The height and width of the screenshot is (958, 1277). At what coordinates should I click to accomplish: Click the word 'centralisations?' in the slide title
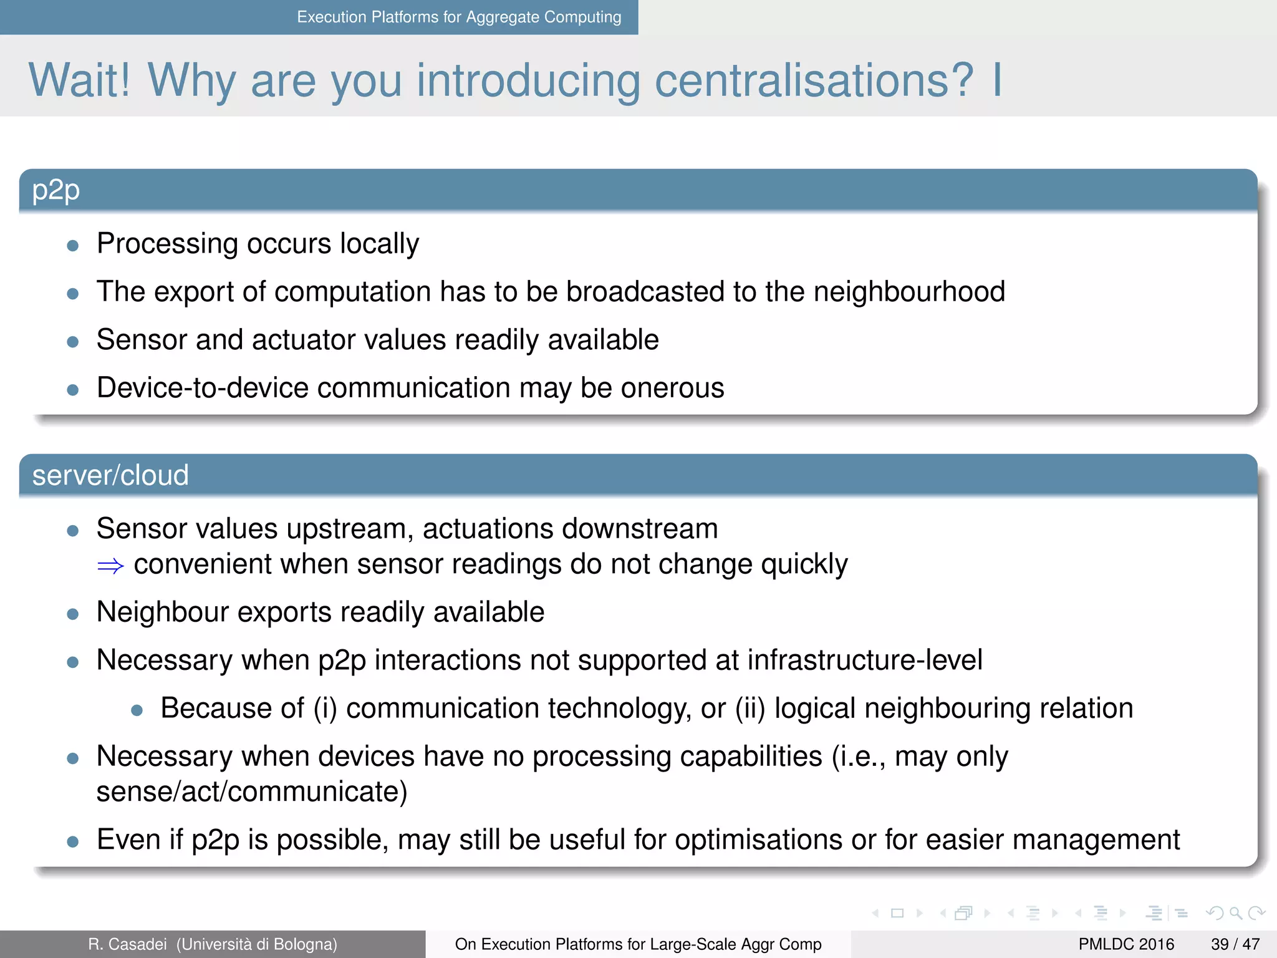tap(814, 81)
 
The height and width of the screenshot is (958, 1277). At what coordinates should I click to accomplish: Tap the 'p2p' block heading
tap(56, 190)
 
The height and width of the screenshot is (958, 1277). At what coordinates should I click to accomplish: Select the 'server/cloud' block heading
tap(110, 475)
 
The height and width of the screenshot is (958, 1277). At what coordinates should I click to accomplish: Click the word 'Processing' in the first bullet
tap(167, 244)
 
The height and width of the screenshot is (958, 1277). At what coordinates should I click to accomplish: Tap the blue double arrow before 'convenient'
tap(110, 566)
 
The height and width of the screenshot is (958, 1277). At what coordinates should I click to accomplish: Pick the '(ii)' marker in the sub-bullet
tap(750, 709)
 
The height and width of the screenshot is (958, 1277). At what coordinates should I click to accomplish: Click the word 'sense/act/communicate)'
tap(252, 791)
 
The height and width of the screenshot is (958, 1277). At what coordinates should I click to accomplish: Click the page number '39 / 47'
tap(1235, 944)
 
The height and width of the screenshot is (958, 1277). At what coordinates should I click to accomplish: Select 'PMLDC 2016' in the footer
tap(1126, 944)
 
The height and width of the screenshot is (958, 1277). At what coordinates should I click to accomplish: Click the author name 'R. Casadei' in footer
tap(128, 944)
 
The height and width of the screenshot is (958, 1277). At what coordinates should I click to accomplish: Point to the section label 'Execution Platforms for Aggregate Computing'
tap(459, 17)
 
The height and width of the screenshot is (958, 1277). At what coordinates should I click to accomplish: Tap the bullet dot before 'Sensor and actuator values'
tap(73, 342)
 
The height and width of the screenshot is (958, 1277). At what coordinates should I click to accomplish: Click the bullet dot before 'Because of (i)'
tap(137, 710)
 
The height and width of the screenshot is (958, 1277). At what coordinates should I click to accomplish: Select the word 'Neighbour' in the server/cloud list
tap(163, 612)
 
